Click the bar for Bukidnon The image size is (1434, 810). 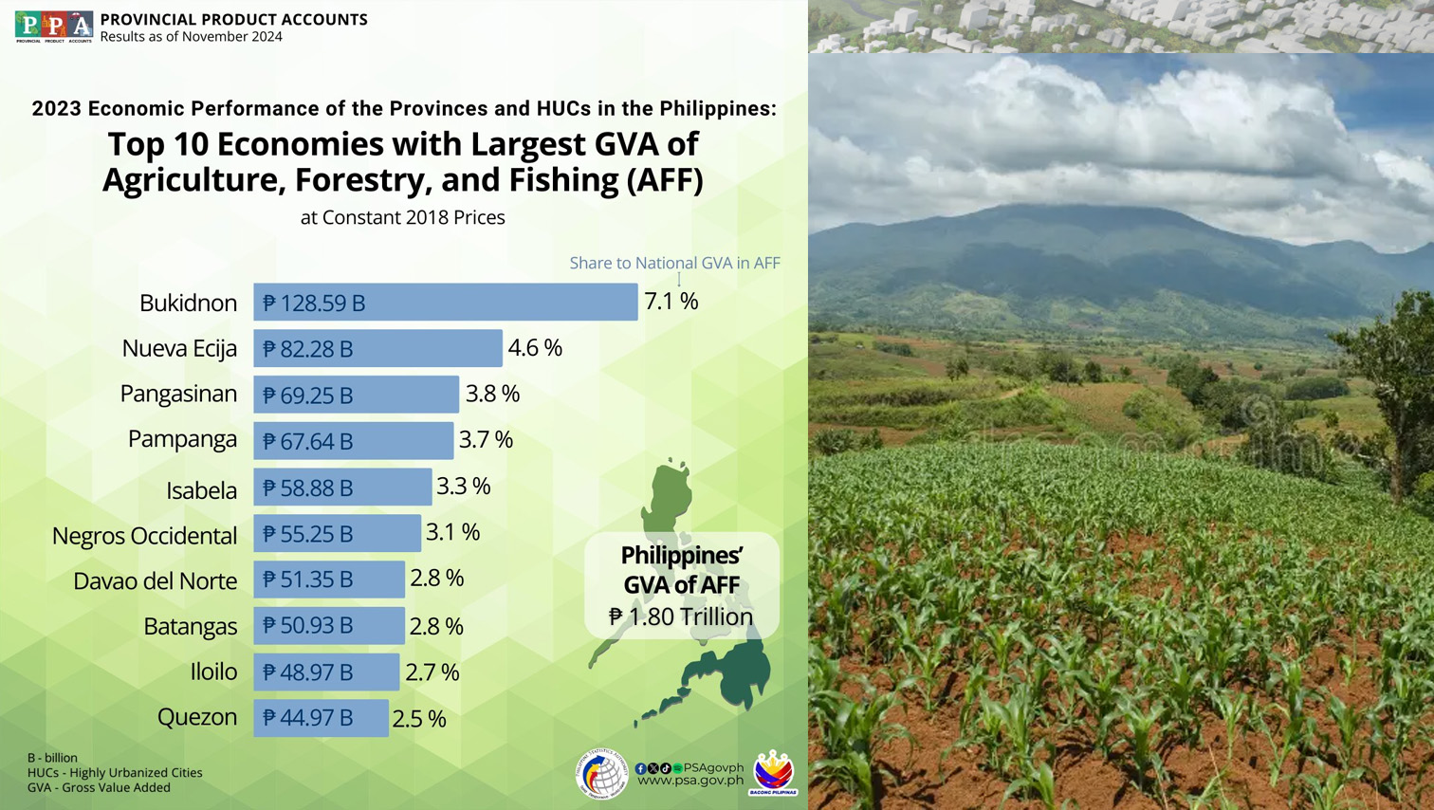[446, 302]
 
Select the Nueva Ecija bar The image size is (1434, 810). [377, 348]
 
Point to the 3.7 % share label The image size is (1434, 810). [486, 439]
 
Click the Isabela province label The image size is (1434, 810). [201, 490]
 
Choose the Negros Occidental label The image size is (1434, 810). [144, 536]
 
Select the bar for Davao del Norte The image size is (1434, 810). [328, 580]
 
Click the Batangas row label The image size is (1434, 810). [190, 626]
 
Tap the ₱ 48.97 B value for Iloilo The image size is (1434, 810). [307, 672]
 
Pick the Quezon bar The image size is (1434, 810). [321, 718]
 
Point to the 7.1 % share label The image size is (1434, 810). [671, 302]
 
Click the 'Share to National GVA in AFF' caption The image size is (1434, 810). [674, 263]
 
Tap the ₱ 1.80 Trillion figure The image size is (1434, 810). [681, 617]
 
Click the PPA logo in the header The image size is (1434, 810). [54, 27]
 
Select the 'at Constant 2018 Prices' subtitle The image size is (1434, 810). [402, 217]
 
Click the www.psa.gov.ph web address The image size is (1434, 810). [689, 781]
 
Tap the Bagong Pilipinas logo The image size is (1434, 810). [773, 772]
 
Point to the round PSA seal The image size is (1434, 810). [601, 773]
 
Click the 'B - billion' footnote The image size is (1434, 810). [52, 758]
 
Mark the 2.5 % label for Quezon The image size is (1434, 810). [418, 719]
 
